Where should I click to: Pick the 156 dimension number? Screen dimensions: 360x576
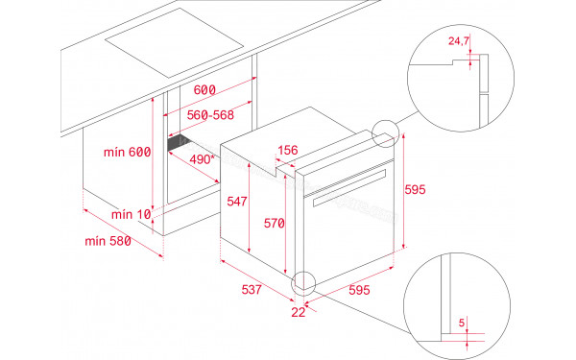(x=287, y=150)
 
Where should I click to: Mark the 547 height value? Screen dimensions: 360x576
(x=237, y=202)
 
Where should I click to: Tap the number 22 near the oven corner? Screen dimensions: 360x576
(x=299, y=311)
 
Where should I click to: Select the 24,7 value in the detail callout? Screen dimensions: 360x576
(x=460, y=42)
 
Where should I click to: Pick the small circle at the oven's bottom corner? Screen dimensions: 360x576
(x=304, y=282)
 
